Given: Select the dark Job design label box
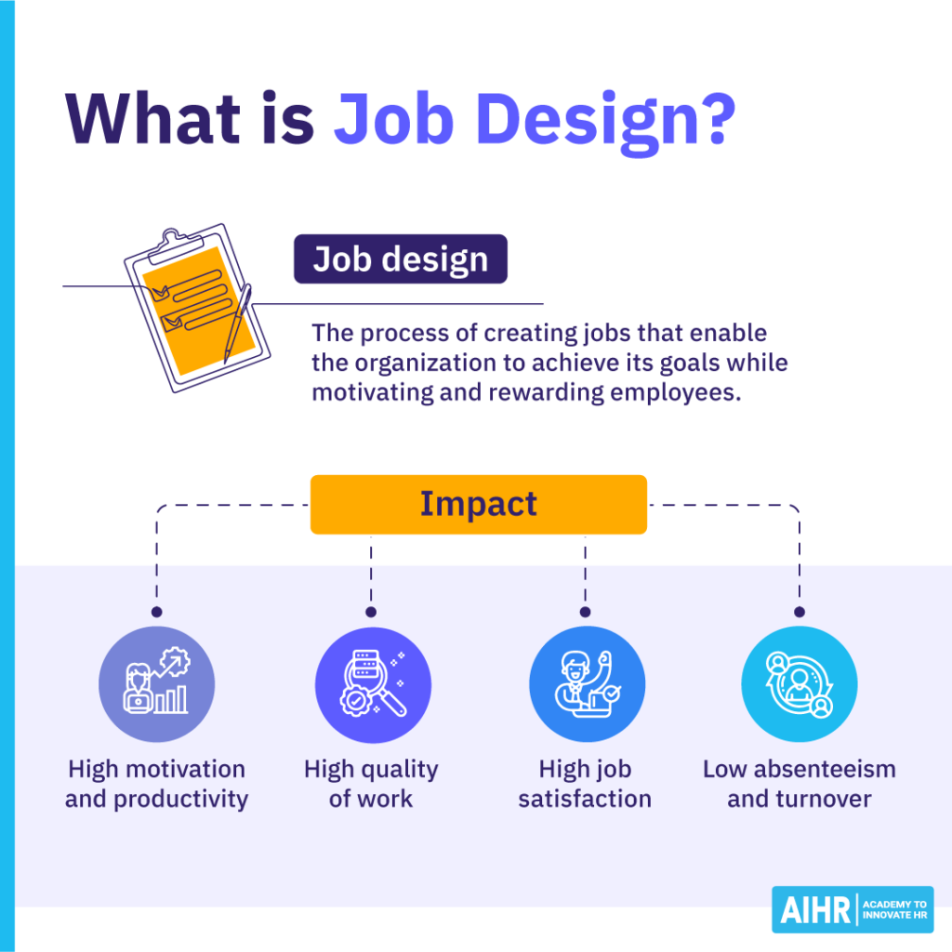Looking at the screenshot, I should coord(401,258).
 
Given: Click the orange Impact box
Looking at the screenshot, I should coord(478,504).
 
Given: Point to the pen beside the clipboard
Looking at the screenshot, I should coord(238,322).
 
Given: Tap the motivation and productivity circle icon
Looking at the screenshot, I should coord(156,685).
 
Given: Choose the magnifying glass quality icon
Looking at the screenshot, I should coord(372,685).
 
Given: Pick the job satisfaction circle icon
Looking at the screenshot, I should coord(586,685).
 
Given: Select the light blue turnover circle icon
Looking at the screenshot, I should coord(799,685).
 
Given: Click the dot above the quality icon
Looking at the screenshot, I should coord(371,612).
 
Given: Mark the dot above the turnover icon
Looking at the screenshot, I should coord(799,612).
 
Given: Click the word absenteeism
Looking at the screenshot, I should coord(824,770).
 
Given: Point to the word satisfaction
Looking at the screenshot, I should coord(585,799).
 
